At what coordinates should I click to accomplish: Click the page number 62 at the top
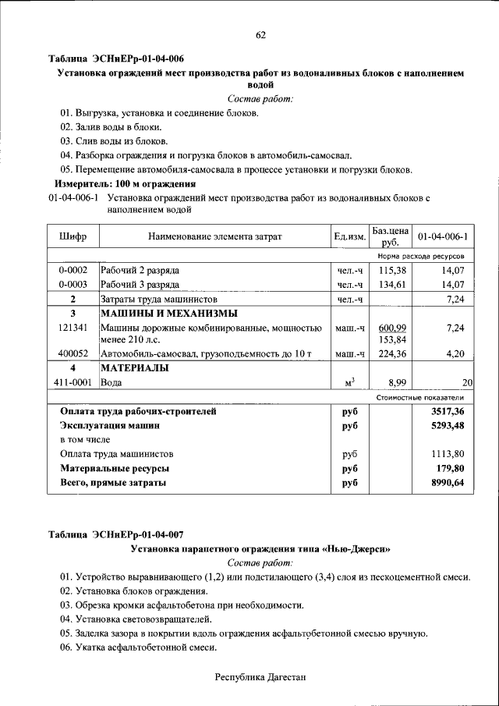260,34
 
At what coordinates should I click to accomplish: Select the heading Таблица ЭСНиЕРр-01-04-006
116,59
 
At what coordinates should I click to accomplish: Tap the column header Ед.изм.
349,236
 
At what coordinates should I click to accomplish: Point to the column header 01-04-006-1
442,236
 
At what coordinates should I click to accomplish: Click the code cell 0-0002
73,270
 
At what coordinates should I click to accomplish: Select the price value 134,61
393,285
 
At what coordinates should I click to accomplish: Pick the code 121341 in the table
73,328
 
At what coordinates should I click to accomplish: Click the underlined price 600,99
393,328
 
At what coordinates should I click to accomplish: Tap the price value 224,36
393,354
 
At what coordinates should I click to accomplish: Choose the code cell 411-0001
73,383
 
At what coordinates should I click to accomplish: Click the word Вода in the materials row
112,383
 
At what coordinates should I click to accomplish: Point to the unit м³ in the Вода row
349,382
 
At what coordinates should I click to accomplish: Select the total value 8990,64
448,484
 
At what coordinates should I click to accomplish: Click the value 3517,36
448,411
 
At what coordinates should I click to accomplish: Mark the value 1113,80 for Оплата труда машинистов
448,454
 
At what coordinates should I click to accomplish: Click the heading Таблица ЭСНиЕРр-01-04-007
116,535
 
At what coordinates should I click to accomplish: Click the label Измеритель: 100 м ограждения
125,184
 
